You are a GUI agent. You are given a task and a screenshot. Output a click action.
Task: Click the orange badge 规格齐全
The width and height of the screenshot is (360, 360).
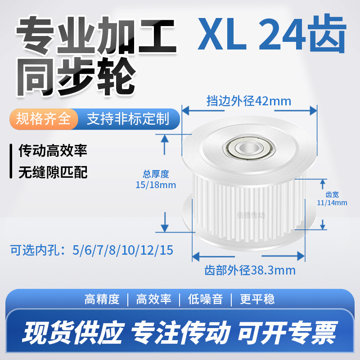coord(43,119)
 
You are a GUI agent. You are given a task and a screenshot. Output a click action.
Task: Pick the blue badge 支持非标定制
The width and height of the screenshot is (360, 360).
coord(127,119)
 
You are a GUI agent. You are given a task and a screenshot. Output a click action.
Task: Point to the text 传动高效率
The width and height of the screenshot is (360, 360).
coord(52,150)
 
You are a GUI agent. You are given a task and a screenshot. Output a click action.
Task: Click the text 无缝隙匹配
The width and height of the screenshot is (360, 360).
coord(52,172)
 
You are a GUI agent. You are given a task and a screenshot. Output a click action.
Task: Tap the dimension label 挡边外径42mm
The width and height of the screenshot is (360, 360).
coord(248,101)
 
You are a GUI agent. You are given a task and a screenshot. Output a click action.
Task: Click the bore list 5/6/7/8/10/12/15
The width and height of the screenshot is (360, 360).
coord(122,250)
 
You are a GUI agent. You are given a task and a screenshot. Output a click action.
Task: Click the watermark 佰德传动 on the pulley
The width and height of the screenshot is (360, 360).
coord(251,215)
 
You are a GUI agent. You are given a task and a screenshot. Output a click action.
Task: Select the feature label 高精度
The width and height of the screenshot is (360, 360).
coord(102,299)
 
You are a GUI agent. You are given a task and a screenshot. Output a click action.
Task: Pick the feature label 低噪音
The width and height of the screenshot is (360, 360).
coord(206,299)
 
